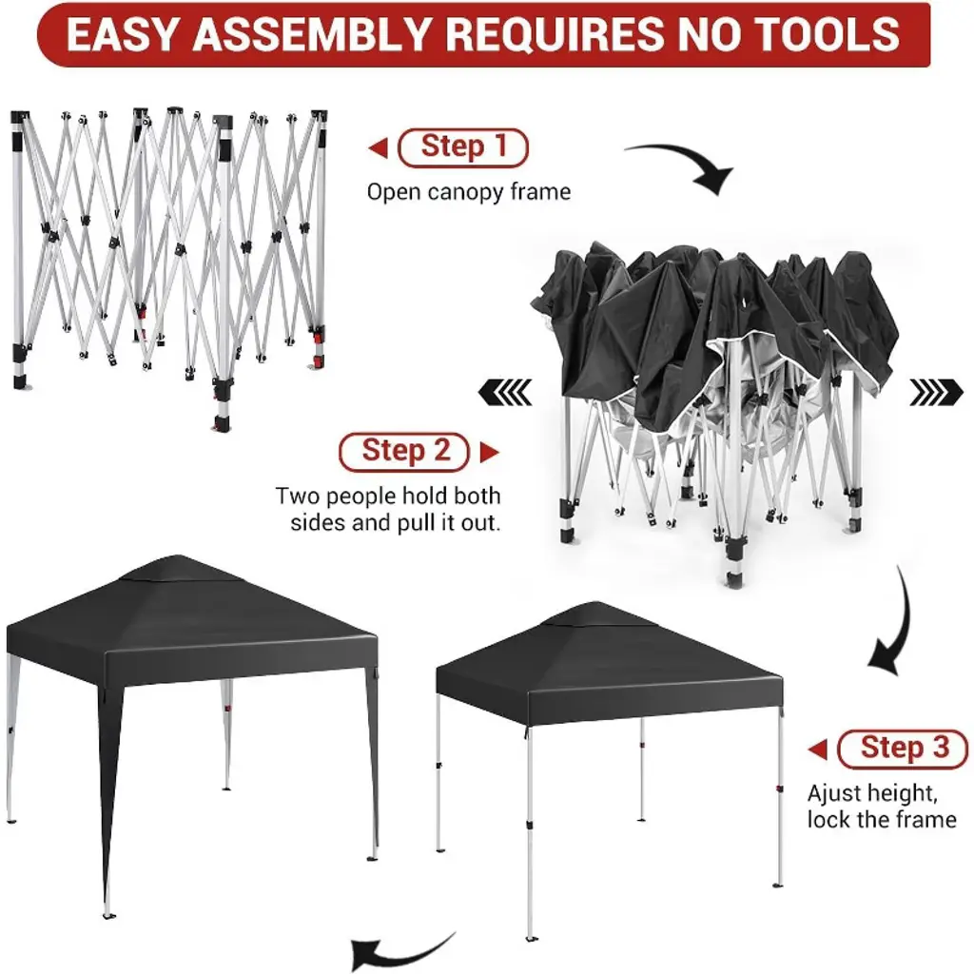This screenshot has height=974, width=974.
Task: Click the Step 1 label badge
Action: click(x=463, y=147)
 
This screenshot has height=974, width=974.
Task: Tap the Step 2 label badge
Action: click(x=404, y=452)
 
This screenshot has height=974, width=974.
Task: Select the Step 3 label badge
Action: click(x=903, y=750)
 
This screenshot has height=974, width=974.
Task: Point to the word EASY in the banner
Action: click(x=124, y=34)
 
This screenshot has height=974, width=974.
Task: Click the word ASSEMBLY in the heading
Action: click(x=312, y=34)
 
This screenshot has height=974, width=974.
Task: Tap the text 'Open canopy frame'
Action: click(x=469, y=192)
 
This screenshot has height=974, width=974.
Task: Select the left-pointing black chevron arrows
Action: click(x=505, y=392)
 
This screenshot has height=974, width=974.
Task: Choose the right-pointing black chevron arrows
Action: click(x=936, y=392)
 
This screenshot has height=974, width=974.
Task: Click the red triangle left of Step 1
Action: click(x=379, y=147)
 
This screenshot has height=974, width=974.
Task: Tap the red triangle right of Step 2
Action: click(x=490, y=452)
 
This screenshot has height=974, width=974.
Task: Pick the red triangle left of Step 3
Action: click(x=817, y=750)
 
